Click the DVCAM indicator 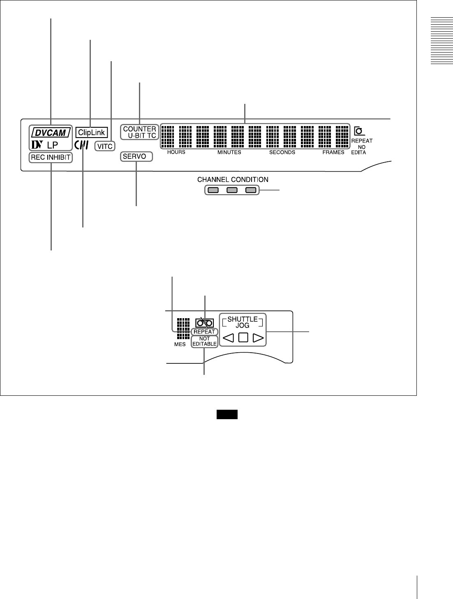click(x=51, y=133)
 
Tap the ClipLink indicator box click(x=91, y=133)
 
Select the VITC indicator click(x=105, y=146)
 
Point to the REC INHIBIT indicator click(x=51, y=157)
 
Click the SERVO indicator click(x=136, y=156)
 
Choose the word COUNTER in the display click(x=139, y=129)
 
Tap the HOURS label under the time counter click(x=176, y=152)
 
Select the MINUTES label click(x=229, y=152)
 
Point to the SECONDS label click(x=282, y=152)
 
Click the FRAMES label click(x=333, y=152)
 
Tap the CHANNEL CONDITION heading click(x=233, y=180)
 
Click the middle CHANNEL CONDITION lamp click(x=232, y=190)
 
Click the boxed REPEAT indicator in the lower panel click(x=204, y=332)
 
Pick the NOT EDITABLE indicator click(x=204, y=342)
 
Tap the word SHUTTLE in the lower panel click(x=243, y=319)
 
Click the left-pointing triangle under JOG click(x=228, y=339)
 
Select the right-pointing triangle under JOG click(x=258, y=339)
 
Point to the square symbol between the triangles click(x=243, y=339)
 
